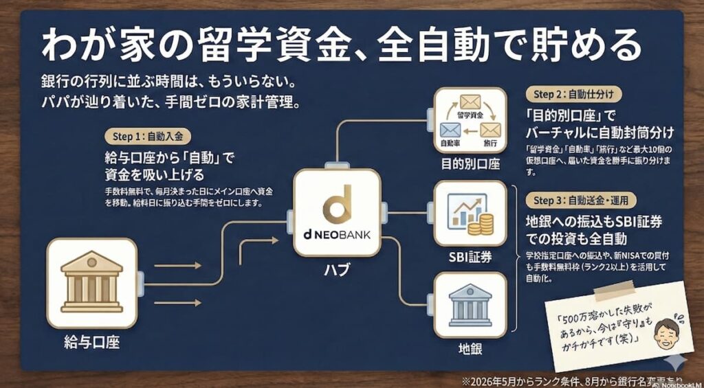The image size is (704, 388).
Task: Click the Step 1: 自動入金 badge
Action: (148, 137)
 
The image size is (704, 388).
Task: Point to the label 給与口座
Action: (91, 341)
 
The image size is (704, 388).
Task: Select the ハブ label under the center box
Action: (336, 270)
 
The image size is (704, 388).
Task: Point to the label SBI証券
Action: (470, 258)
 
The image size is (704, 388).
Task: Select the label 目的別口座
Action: (470, 164)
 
